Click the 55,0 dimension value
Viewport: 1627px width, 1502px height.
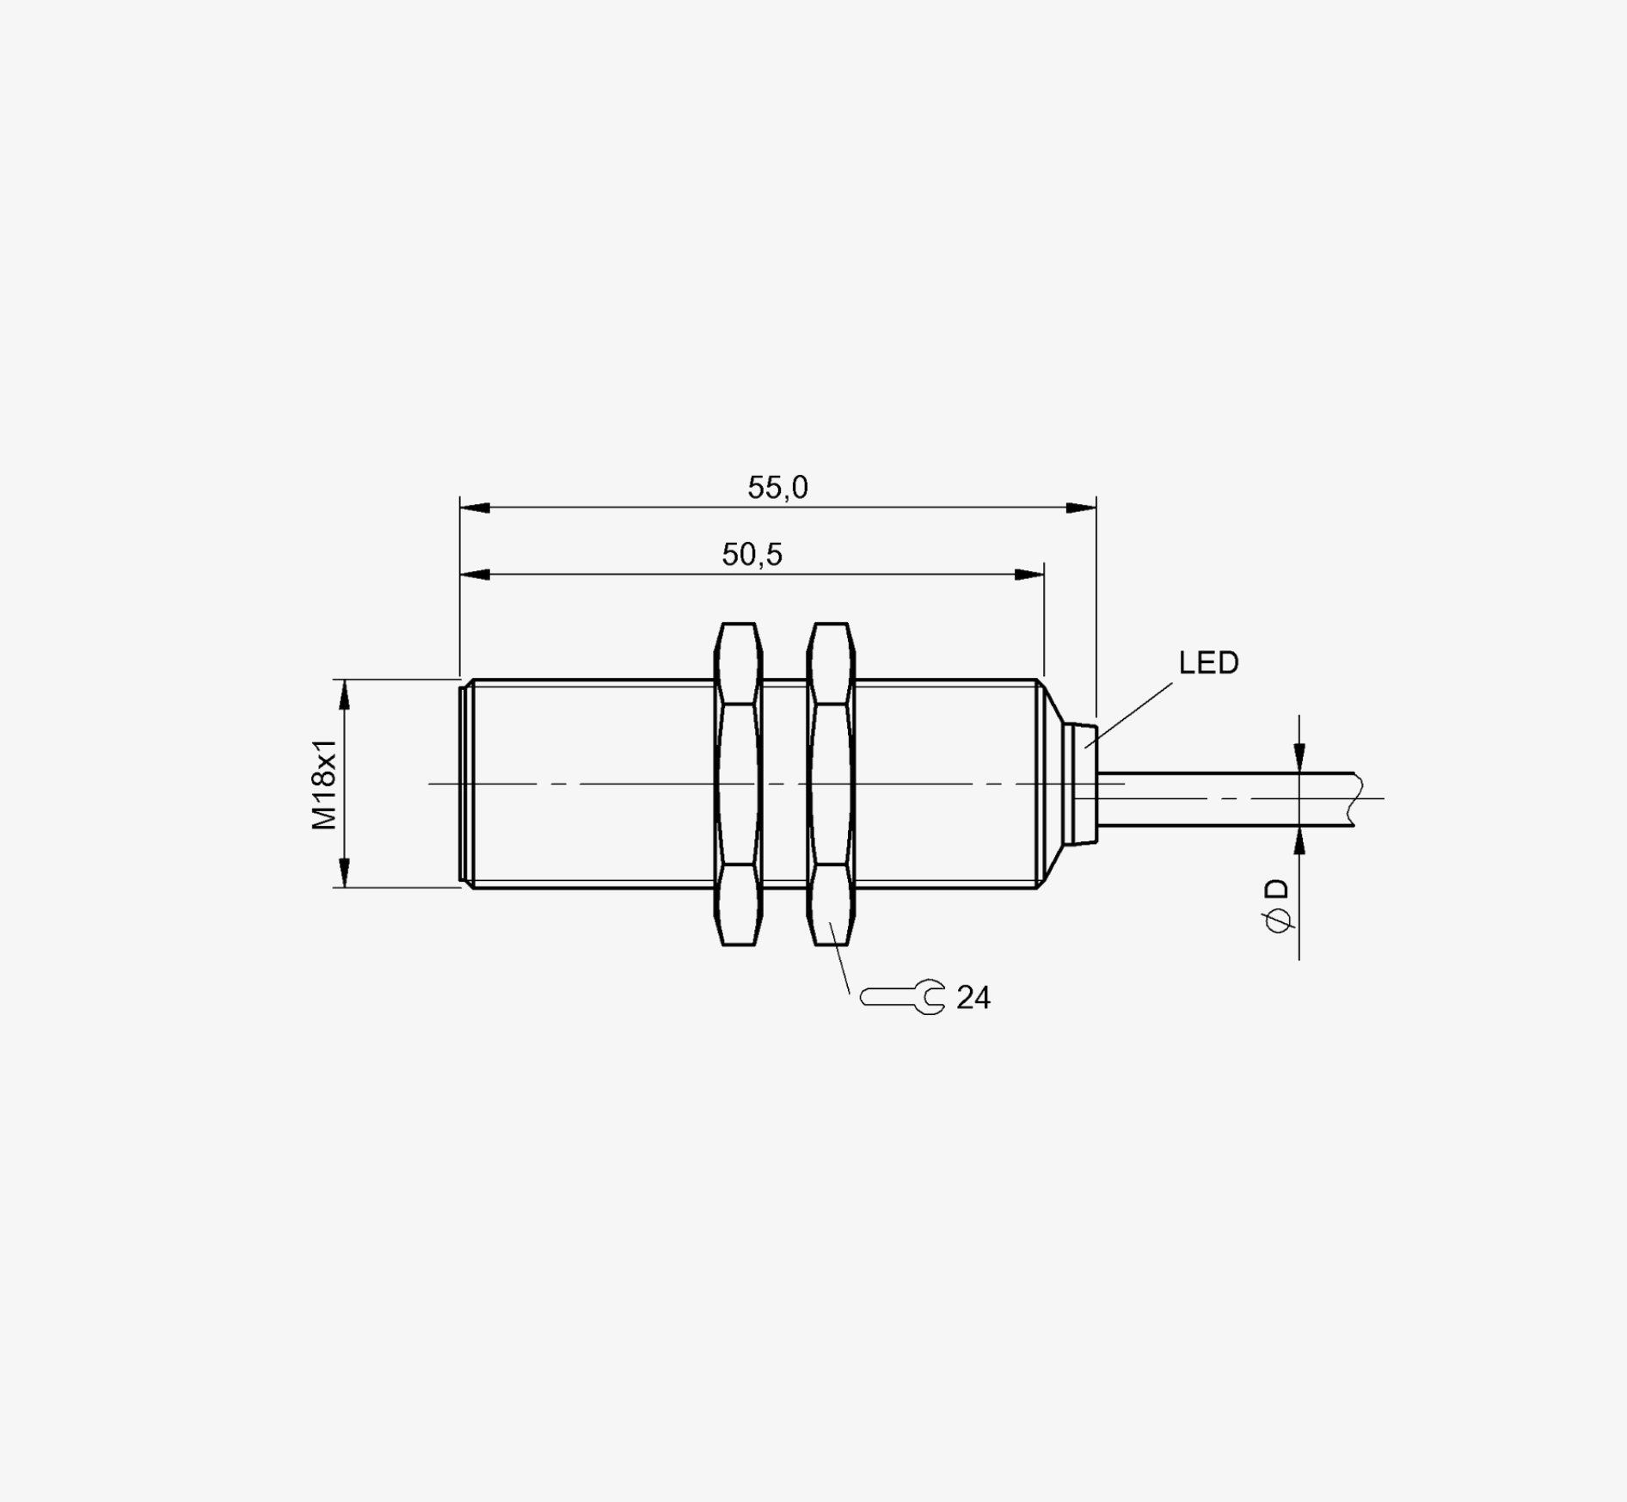click(777, 488)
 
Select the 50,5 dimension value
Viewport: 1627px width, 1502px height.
click(752, 555)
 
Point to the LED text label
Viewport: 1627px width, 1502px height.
click(1208, 662)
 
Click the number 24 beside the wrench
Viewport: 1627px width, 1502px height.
click(973, 998)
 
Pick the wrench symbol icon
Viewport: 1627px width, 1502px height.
click(902, 997)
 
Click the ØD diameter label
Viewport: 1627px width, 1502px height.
click(1279, 905)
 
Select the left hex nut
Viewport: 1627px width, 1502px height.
click(739, 785)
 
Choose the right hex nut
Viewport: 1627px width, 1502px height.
click(831, 785)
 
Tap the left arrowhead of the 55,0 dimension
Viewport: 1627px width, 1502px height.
click(475, 508)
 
